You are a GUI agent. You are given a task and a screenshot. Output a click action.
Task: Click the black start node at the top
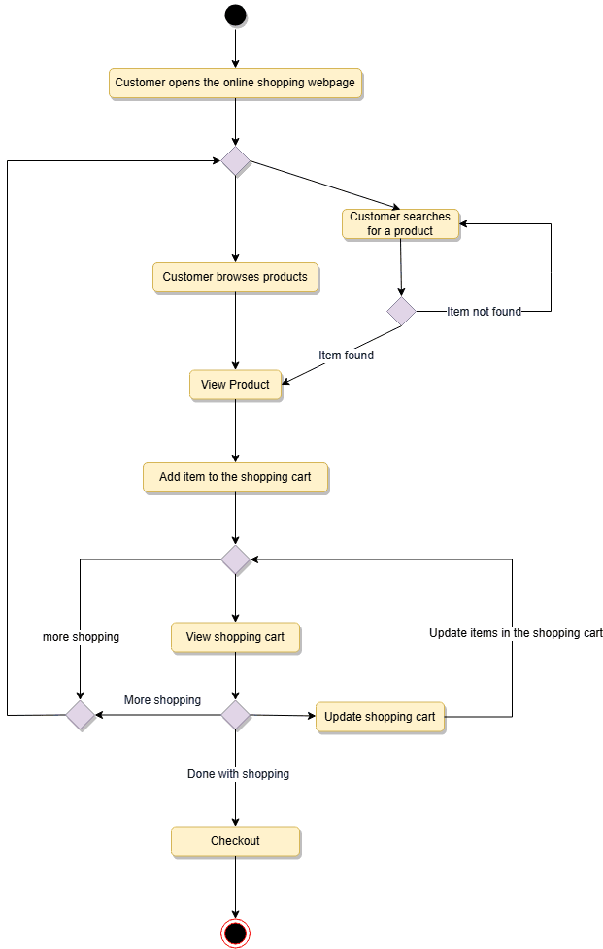pos(235,16)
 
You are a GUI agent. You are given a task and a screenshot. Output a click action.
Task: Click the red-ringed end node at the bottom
pos(235,932)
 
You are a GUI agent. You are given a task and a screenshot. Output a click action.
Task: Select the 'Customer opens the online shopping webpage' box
pos(235,84)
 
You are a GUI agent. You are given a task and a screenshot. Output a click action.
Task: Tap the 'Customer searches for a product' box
pos(400,223)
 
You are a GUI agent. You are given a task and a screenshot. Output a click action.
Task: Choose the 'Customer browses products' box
pos(235,277)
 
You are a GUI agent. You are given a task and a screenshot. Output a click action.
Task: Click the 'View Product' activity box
pos(235,385)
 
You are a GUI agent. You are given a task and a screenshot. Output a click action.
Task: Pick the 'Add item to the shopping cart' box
pos(235,478)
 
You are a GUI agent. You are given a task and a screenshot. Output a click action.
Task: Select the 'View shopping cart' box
pos(235,637)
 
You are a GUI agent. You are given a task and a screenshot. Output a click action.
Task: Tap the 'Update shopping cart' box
pos(380,717)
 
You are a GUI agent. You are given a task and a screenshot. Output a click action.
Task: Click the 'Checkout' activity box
pos(235,841)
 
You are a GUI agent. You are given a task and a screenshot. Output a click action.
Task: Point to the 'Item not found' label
pos(484,312)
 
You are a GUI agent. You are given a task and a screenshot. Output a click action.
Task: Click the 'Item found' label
pos(346,356)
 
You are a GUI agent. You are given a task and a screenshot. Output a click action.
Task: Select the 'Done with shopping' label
pos(238,774)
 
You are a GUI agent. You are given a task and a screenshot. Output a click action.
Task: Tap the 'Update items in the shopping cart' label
pos(516,633)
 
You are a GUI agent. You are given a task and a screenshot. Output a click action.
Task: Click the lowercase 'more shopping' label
pos(81,637)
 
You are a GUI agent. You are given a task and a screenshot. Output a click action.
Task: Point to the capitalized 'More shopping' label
pos(162,700)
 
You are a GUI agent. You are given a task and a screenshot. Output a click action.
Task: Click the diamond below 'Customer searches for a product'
pos(401,312)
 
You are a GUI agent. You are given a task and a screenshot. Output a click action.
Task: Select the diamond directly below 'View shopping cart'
pos(235,716)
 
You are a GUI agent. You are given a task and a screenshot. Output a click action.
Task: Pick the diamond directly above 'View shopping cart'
pos(235,559)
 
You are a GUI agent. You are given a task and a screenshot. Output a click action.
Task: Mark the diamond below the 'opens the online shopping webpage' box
pos(235,161)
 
